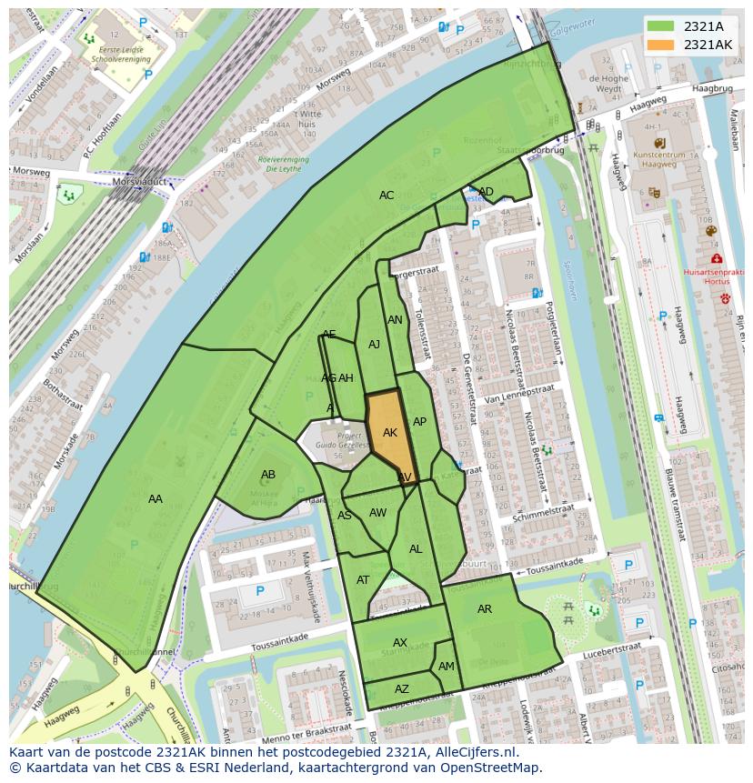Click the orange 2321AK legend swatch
tap(661, 45)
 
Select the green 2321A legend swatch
tap(661, 26)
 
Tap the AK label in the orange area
tap(390, 433)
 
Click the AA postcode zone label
tap(156, 498)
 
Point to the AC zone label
tap(387, 196)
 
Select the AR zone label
tap(485, 608)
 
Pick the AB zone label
tap(268, 475)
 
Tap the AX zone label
tap(400, 643)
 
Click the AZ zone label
tap(402, 689)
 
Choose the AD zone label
tap(487, 191)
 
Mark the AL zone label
tap(416, 549)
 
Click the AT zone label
tap(363, 580)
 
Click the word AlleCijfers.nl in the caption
tap(471, 753)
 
